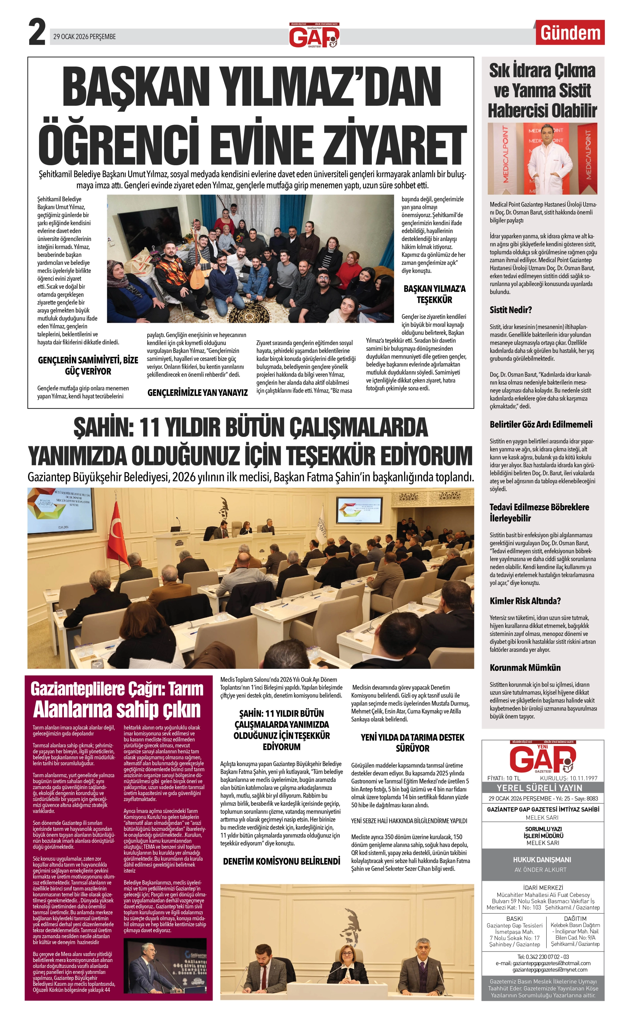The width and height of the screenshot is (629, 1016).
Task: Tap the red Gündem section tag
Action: [570, 33]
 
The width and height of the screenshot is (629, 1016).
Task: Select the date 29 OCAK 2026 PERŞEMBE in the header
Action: [84, 37]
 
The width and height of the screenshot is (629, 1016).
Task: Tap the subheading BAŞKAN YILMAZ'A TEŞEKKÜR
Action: [434, 294]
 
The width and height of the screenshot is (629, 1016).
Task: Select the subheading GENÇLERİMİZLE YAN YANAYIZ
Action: [198, 392]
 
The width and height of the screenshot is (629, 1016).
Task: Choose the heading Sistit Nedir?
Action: [510, 310]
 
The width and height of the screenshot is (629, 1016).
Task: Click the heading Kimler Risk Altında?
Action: [525, 601]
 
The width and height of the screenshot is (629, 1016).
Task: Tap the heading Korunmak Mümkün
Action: [525, 667]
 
